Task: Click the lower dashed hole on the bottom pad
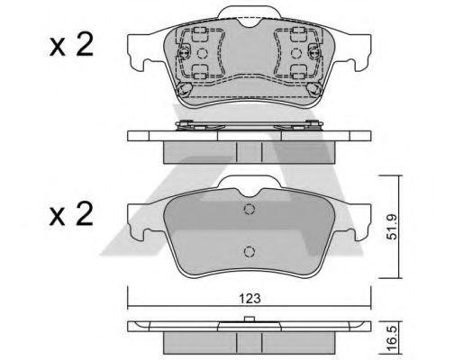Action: [250, 252]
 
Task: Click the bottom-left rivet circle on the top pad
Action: [185, 90]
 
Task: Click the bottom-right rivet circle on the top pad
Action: [313, 90]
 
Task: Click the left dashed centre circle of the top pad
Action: [201, 52]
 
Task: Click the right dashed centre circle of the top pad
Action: [298, 52]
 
